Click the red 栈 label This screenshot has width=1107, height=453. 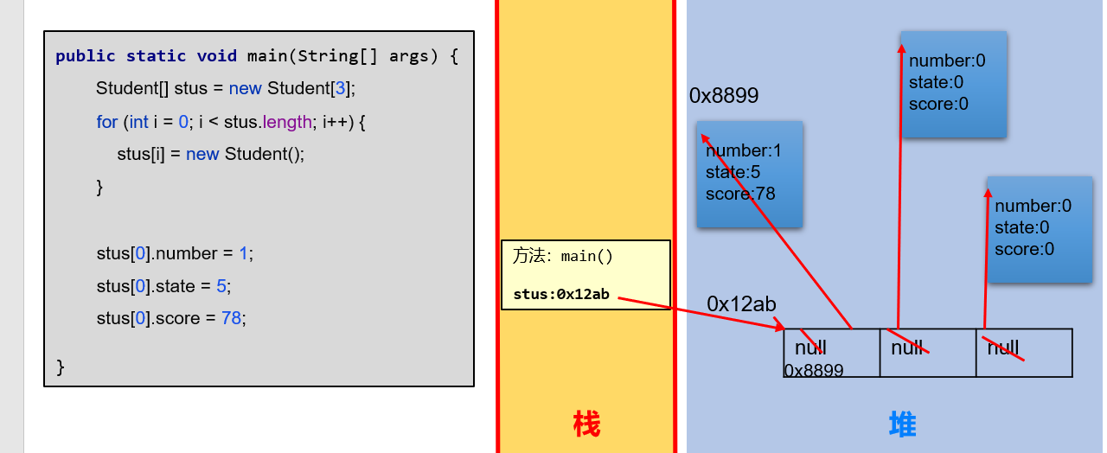(586, 424)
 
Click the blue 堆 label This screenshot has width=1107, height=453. (903, 424)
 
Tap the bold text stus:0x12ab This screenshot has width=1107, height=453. (561, 294)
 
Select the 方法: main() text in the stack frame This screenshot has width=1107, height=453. (563, 256)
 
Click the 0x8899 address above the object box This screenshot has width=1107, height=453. (724, 96)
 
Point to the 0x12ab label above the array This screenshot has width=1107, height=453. (741, 304)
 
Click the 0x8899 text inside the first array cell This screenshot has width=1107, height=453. (814, 370)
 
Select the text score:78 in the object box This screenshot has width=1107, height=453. (740, 194)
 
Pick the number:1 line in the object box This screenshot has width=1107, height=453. (744, 151)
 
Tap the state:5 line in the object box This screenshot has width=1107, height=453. (733, 172)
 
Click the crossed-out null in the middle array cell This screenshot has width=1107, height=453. (908, 348)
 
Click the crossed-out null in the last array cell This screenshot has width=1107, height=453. (1003, 348)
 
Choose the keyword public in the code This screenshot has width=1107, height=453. (86, 56)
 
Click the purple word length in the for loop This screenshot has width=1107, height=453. (288, 122)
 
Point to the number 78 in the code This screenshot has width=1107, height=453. (231, 318)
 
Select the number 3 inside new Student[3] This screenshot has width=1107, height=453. (340, 88)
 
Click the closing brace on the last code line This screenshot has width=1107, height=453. (61, 367)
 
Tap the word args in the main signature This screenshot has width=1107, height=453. (408, 56)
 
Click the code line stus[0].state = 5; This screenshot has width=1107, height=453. (163, 286)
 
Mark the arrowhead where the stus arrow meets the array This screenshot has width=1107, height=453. (781, 328)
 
